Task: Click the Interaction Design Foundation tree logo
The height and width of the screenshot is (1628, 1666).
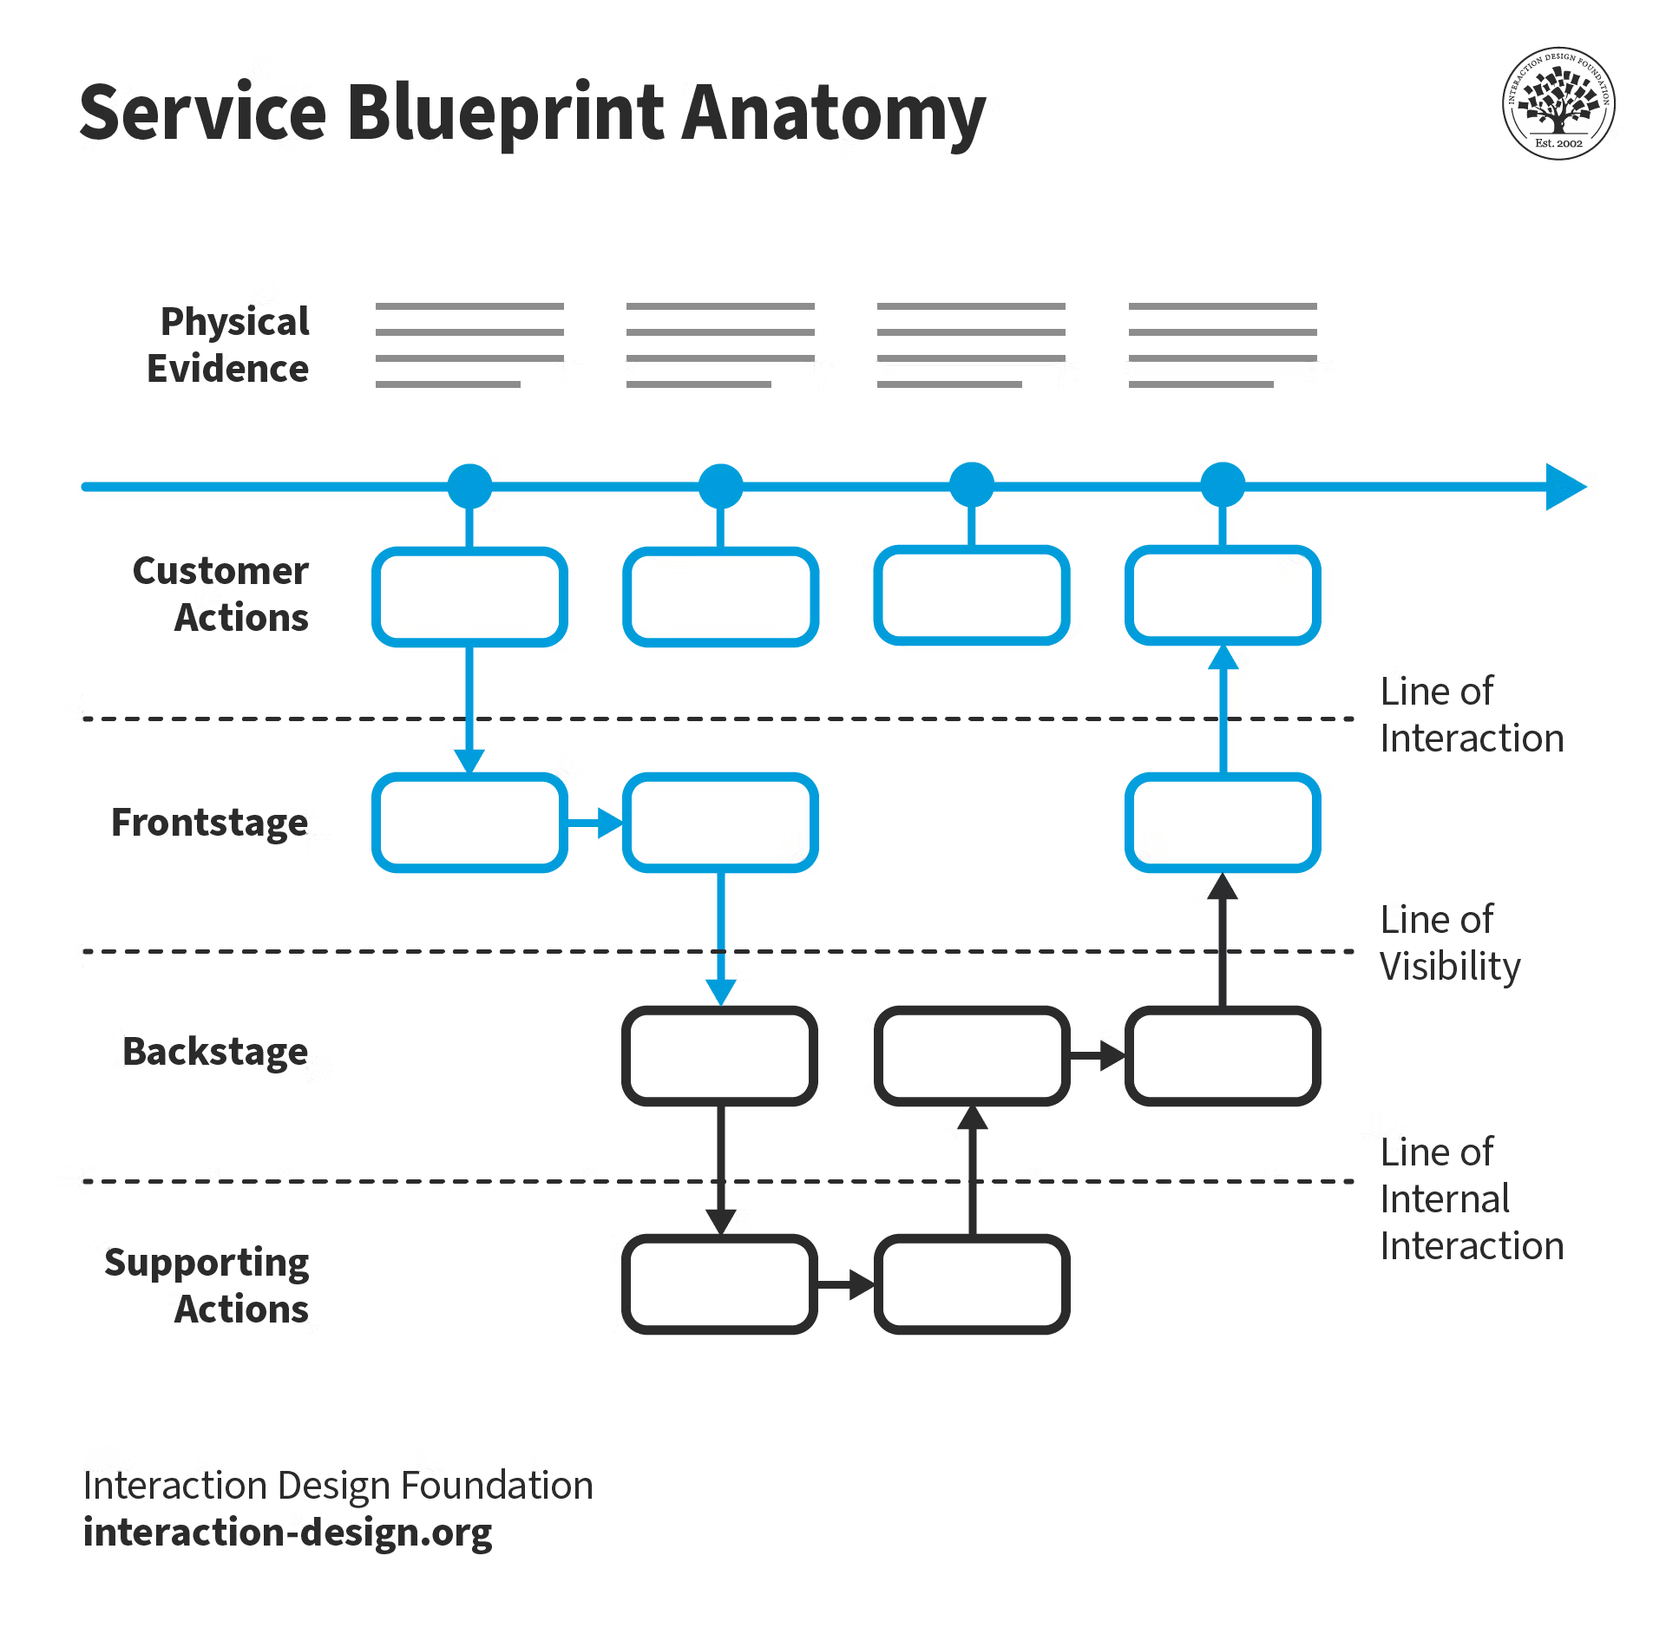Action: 1558,103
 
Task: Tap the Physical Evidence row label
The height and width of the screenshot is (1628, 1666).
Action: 227,345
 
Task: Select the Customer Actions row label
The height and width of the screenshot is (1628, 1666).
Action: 220,594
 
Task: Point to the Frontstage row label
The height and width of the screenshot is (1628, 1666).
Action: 209,822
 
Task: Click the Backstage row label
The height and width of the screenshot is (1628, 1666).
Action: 215,1051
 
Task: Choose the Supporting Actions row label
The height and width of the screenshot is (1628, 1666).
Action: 207,1285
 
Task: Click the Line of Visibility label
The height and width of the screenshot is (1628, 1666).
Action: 1450,943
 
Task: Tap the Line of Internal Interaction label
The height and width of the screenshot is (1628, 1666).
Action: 1472,1198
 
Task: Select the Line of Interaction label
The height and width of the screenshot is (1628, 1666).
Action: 1472,714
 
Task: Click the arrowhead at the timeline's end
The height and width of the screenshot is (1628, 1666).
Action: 1566,487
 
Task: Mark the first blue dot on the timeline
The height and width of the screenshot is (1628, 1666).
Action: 469,486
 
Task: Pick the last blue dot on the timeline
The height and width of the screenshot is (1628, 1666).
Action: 1223,485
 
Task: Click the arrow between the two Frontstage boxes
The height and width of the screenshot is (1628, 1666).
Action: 595,823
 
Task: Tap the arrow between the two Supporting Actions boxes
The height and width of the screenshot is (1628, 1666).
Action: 846,1284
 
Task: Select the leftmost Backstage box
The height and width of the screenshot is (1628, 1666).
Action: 720,1055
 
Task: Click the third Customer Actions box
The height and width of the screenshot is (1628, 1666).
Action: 972,595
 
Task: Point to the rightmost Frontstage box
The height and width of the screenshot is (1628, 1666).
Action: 1223,822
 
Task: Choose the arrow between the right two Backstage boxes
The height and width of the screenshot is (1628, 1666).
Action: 1098,1055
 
